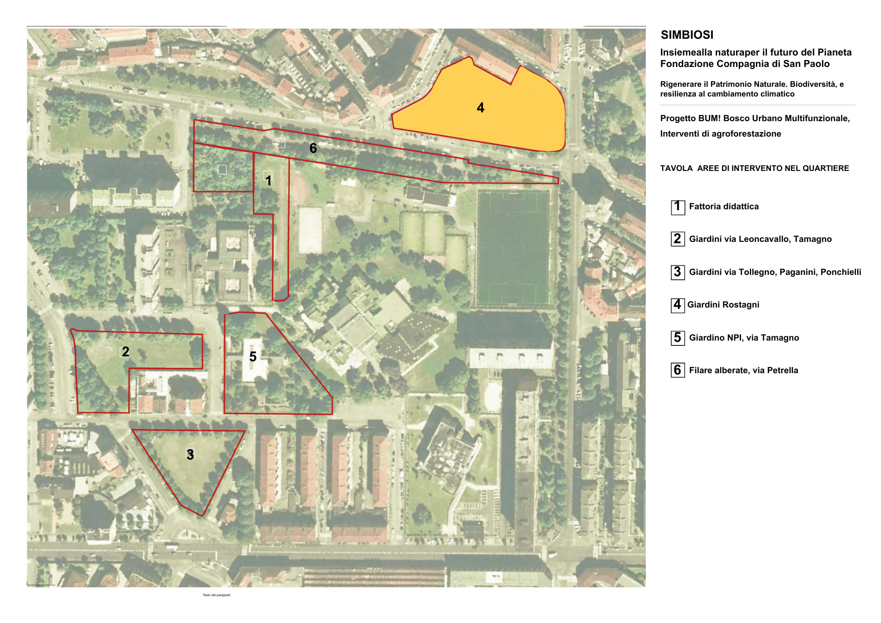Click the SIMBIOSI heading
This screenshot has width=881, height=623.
pyautogui.click(x=687, y=35)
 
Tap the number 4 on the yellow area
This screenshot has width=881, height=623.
pyautogui.click(x=481, y=108)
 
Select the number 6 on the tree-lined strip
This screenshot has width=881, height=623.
pyautogui.click(x=313, y=148)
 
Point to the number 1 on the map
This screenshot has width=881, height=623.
pyautogui.click(x=268, y=181)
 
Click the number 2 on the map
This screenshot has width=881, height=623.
pyautogui.click(x=126, y=352)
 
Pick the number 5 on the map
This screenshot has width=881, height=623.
pyautogui.click(x=253, y=356)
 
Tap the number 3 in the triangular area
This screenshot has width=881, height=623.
pyautogui.click(x=190, y=455)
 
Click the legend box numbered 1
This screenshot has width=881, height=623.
pyautogui.click(x=677, y=207)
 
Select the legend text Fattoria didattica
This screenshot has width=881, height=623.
pyautogui.click(x=724, y=207)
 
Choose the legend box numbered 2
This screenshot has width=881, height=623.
pyautogui.click(x=677, y=239)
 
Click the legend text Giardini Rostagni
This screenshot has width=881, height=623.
pyautogui.click(x=723, y=304)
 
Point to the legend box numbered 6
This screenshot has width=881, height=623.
pyautogui.click(x=677, y=370)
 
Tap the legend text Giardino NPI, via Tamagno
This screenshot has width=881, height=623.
pyautogui.click(x=744, y=337)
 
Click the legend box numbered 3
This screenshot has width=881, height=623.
pyautogui.click(x=677, y=272)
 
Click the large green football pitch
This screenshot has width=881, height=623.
pyautogui.click(x=513, y=248)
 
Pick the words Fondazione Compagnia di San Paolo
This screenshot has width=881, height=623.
pyautogui.click(x=745, y=64)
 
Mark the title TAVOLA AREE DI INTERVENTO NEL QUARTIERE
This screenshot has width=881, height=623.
pyautogui.click(x=755, y=168)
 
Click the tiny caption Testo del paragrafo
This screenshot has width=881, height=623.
pyautogui.click(x=216, y=595)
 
